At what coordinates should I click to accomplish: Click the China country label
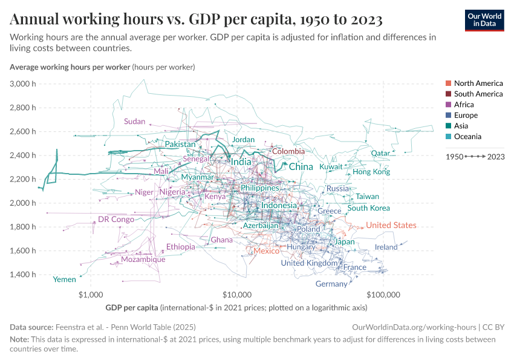point(301,166)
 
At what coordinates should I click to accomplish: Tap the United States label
point(391,225)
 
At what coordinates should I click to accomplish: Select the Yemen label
point(65,280)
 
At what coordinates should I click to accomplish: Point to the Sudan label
point(134,121)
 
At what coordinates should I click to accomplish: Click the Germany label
point(331,284)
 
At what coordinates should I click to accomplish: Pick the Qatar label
point(380,153)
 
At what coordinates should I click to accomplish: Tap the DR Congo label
point(116,219)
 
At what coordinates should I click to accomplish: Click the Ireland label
point(386,247)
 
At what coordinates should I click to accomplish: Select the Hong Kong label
point(371,172)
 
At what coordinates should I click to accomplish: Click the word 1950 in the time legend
point(454,156)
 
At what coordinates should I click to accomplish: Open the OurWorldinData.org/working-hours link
point(414,327)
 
